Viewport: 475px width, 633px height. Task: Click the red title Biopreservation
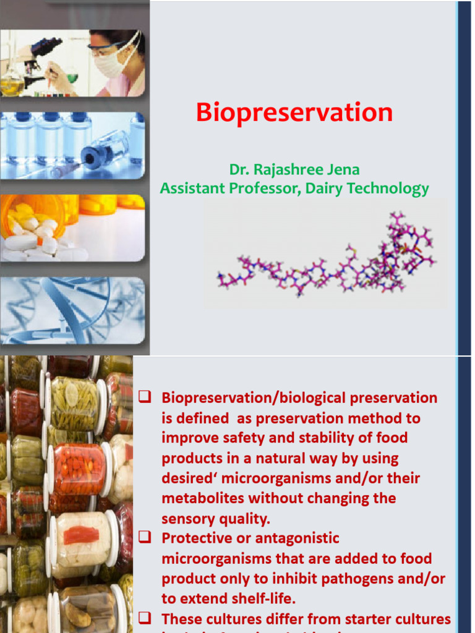click(x=294, y=113)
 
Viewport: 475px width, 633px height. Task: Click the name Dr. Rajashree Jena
click(x=294, y=169)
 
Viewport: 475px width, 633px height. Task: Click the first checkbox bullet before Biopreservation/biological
click(x=145, y=397)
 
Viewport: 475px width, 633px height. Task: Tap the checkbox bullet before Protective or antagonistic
click(x=145, y=538)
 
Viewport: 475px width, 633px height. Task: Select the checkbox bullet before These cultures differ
click(x=145, y=618)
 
